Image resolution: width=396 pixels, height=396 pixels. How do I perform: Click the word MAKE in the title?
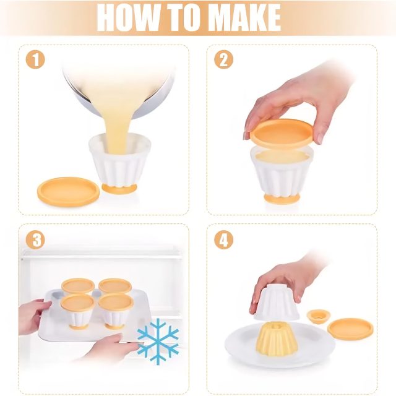click(x=246, y=17)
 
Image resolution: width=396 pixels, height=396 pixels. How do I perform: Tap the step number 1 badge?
click(x=35, y=60)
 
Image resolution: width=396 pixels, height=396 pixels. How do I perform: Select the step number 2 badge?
click(x=224, y=60)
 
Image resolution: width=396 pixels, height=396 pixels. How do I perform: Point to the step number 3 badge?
click(x=35, y=239)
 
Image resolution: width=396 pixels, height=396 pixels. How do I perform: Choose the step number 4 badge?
click(x=224, y=239)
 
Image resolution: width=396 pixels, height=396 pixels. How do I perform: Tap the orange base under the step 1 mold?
click(x=119, y=189)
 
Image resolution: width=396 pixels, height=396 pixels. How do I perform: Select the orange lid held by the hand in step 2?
click(x=282, y=133)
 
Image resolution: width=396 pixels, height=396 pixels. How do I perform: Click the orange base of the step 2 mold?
click(x=282, y=199)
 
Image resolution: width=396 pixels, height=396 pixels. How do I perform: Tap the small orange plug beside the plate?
click(x=316, y=316)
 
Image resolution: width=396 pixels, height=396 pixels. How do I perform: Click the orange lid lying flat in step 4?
click(x=350, y=329)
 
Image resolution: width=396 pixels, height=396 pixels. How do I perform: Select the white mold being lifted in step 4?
click(x=277, y=302)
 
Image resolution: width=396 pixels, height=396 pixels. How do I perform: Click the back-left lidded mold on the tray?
click(x=78, y=286)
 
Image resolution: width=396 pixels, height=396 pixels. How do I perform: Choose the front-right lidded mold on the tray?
click(x=115, y=311)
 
